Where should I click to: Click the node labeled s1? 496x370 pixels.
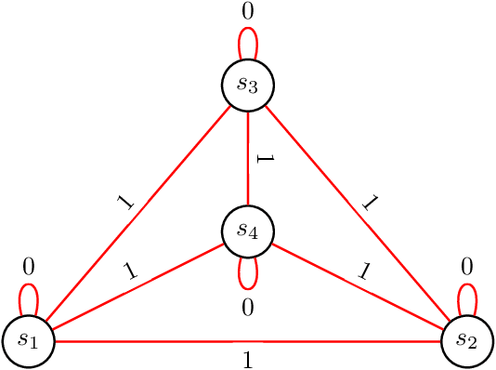click(x=28, y=341)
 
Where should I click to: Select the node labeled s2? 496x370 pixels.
click(x=467, y=341)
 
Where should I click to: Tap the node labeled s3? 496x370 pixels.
click(x=248, y=85)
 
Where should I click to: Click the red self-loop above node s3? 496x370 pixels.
click(x=248, y=41)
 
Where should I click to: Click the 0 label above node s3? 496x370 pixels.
click(x=248, y=13)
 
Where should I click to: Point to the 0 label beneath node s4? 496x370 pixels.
click(x=248, y=307)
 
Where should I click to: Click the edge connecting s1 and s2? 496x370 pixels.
click(x=248, y=341)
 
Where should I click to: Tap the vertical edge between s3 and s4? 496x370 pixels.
click(x=248, y=158)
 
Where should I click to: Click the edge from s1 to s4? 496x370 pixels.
click(x=139, y=285)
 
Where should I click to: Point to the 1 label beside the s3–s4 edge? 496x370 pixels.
click(x=263, y=160)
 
